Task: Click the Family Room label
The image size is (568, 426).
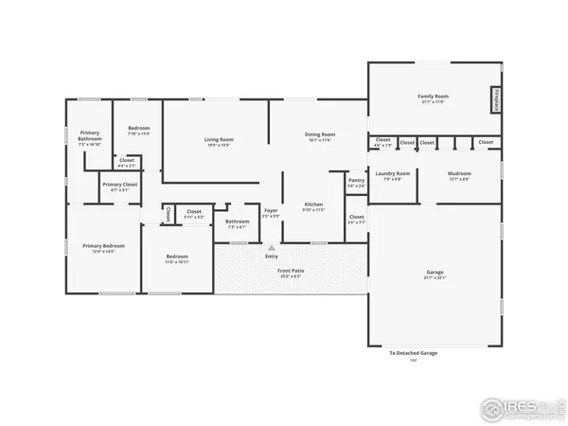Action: (x=433, y=98)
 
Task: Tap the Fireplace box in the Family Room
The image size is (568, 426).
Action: (x=495, y=99)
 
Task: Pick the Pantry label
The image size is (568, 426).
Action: (x=356, y=182)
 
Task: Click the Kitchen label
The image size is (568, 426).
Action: (x=313, y=206)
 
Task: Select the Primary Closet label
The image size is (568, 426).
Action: (x=119, y=186)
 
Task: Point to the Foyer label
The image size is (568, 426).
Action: (x=271, y=212)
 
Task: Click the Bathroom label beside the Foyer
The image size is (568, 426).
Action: (x=237, y=223)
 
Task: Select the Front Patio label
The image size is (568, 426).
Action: (x=290, y=274)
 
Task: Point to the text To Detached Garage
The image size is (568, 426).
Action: (x=414, y=353)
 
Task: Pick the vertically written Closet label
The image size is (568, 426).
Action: (x=168, y=215)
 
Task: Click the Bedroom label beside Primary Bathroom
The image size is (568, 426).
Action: (x=139, y=129)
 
